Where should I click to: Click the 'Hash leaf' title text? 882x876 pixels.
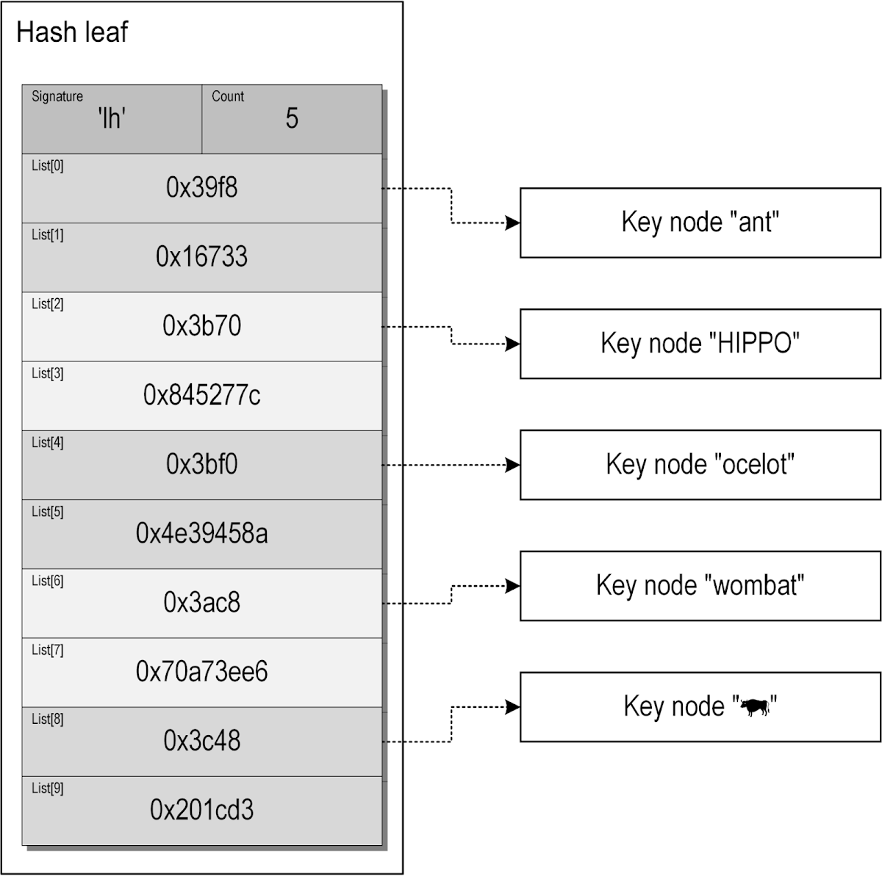(71, 32)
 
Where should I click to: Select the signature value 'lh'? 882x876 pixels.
(112, 118)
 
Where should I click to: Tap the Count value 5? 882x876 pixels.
(292, 118)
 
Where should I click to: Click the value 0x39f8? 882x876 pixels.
(201, 188)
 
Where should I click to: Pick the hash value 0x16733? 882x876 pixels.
(201, 257)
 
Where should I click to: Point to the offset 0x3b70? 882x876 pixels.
(201, 326)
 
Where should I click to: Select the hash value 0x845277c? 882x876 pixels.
(201, 396)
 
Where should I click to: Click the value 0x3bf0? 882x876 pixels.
(201, 465)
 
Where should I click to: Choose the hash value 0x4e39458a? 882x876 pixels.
(201, 534)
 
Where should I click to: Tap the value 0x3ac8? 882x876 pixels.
(201, 603)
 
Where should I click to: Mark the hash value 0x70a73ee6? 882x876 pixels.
(201, 672)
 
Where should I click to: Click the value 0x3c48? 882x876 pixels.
(201, 741)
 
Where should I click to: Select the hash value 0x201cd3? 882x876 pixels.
(201, 810)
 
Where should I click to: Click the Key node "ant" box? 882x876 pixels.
(700, 222)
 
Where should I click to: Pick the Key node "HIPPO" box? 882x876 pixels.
(700, 344)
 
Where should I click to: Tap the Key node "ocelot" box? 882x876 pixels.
(700, 465)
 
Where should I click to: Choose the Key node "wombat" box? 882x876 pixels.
(700, 586)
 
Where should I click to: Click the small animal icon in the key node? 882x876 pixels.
(755, 708)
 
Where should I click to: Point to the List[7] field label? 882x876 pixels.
(47, 650)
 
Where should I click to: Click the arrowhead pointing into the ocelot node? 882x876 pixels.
(512, 465)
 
